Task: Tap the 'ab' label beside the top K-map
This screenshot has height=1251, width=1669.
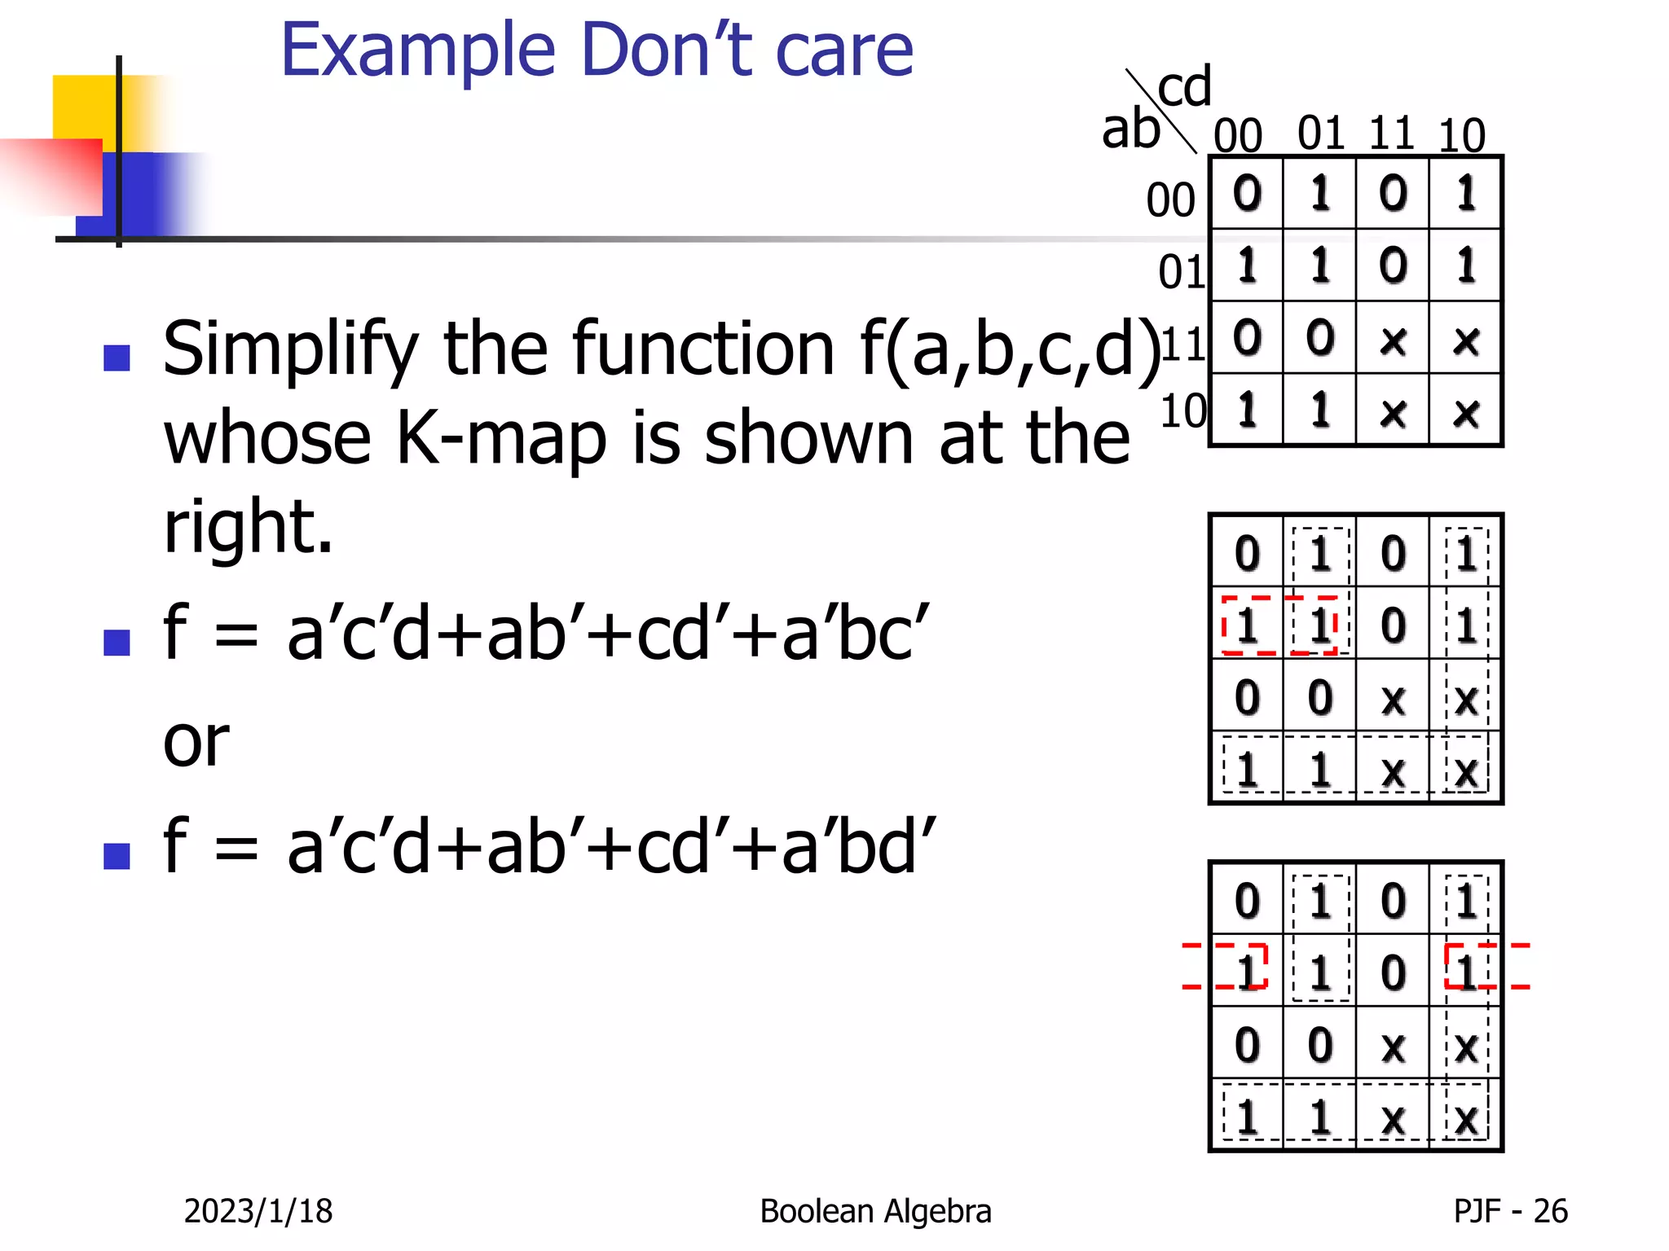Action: point(1130,129)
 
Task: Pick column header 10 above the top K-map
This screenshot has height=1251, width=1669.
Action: point(1462,135)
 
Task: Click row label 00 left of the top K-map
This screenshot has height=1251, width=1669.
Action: point(1170,200)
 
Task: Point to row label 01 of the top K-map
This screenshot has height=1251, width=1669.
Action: point(1182,272)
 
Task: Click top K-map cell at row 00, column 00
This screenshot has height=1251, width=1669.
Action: point(1247,194)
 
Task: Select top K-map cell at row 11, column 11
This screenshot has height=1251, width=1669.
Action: point(1393,339)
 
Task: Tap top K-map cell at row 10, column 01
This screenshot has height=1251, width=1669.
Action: point(1320,410)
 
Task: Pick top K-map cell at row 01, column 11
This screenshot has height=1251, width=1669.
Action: point(1393,266)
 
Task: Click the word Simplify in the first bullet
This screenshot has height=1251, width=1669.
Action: point(290,350)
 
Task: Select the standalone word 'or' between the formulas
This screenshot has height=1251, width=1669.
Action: point(196,742)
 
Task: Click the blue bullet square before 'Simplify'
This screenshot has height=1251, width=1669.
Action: point(117,358)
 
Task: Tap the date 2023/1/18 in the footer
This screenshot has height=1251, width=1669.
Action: point(258,1211)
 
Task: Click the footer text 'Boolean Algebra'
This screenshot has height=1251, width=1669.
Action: point(875,1211)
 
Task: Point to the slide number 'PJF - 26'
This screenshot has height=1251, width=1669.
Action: point(1510,1211)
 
